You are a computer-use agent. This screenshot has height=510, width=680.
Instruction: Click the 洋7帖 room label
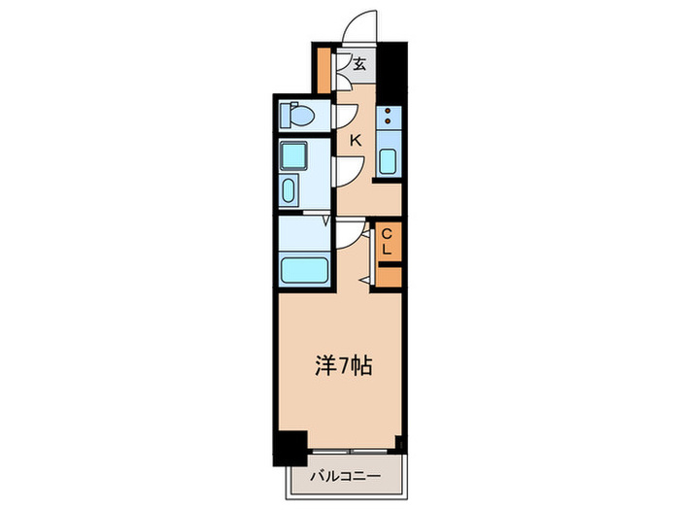[340, 366]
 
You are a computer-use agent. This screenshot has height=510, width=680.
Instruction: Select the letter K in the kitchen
[356, 141]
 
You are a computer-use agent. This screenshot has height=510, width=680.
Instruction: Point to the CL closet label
[387, 241]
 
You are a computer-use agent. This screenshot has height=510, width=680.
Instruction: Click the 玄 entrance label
[359, 65]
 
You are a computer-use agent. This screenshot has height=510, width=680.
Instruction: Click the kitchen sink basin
[387, 160]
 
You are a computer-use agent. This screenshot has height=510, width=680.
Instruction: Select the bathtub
[305, 268]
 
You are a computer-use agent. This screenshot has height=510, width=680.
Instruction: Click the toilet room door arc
[343, 116]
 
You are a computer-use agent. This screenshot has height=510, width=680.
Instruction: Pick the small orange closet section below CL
[387, 276]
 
